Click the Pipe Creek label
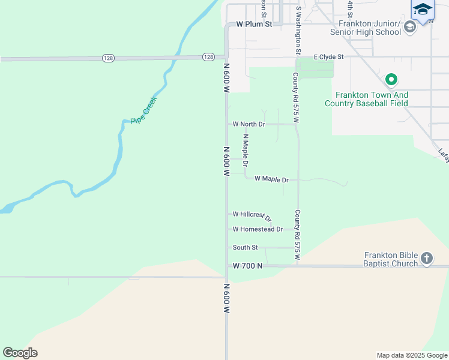click(x=144, y=110)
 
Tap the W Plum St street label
click(x=254, y=25)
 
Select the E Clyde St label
click(x=328, y=57)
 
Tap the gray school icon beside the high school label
click(x=410, y=26)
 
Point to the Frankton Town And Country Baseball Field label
click(x=366, y=99)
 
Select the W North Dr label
click(x=249, y=124)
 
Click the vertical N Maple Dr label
click(x=246, y=150)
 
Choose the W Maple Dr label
click(x=271, y=179)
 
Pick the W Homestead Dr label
click(x=258, y=229)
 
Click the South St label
click(x=245, y=247)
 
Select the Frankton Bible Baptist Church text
click(x=391, y=259)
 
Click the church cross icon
click(x=427, y=259)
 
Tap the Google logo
click(x=20, y=353)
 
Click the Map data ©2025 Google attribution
click(x=411, y=355)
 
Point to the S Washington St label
click(x=298, y=30)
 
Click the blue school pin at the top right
click(x=423, y=10)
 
